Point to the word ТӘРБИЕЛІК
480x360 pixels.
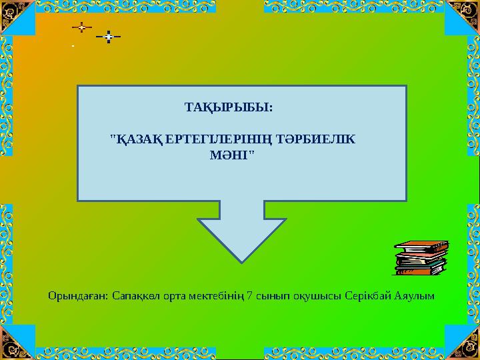[x=316, y=139]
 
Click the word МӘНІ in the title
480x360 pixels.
[x=229, y=155]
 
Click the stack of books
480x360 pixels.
[x=421, y=258]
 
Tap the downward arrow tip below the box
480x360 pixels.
[x=242, y=263]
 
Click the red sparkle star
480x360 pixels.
[x=82, y=27]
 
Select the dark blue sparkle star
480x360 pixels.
[x=109, y=37]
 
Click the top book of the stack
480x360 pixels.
[x=421, y=245]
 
